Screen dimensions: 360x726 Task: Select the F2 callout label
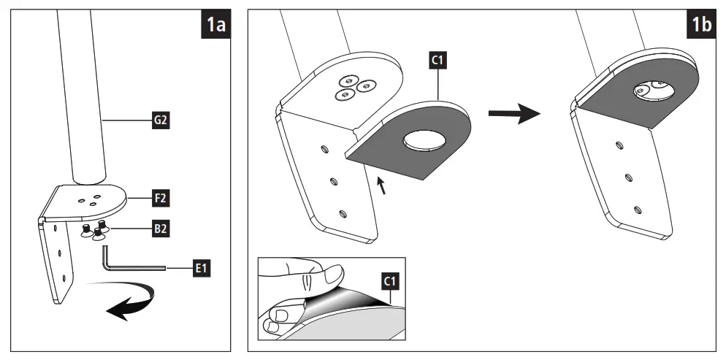coord(161,197)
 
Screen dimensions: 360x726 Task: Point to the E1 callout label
coord(198,269)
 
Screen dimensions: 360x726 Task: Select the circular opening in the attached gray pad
coord(652,90)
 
